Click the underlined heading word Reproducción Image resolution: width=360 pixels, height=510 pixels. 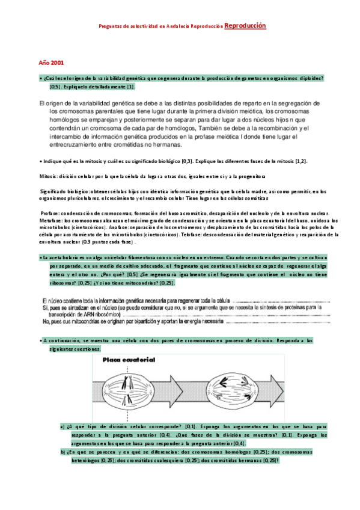click(245, 26)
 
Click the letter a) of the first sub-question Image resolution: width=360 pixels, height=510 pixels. click(63, 426)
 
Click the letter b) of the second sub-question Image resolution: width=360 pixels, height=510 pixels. click(63, 450)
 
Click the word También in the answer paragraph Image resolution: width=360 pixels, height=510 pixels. click(211, 127)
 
